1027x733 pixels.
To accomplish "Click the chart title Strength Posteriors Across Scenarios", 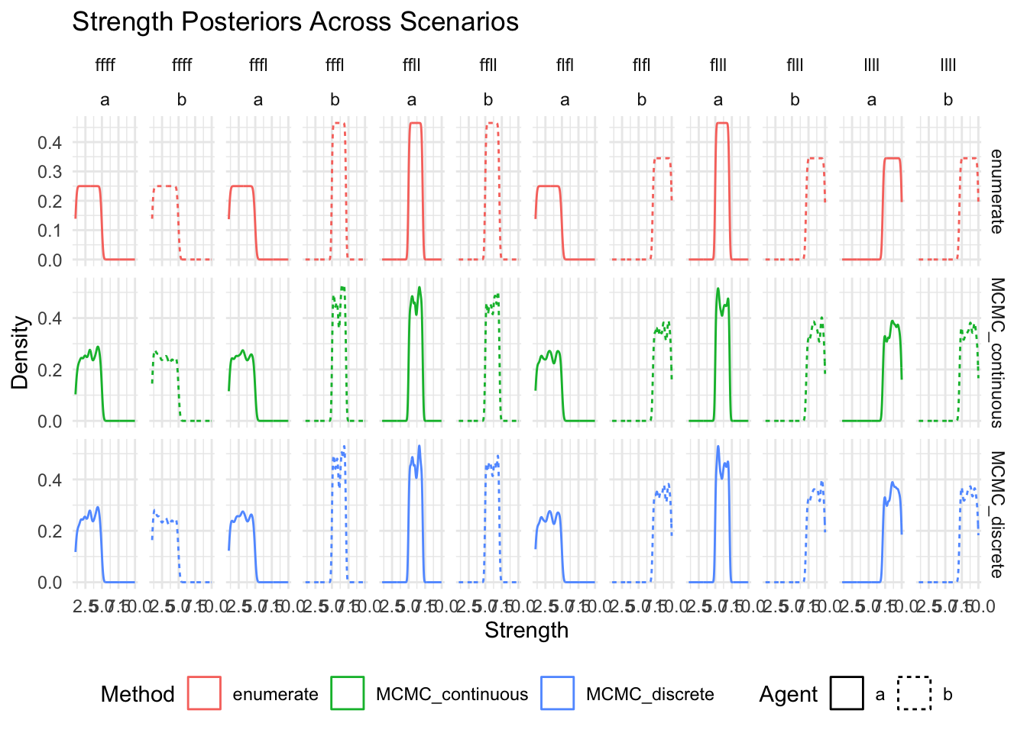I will pyautogui.click(x=295, y=22).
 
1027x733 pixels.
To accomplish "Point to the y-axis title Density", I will pyautogui.click(x=20, y=352).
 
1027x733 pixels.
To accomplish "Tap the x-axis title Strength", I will pyautogui.click(x=526, y=631).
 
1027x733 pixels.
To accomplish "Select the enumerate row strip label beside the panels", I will pyautogui.click(x=996, y=191).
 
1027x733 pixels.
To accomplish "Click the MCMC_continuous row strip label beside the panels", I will pyautogui.click(x=996, y=352).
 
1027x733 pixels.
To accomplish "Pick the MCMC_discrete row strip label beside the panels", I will pyautogui.click(x=996, y=514).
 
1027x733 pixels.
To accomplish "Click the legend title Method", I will pyautogui.click(x=138, y=694).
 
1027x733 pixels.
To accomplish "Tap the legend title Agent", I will pyautogui.click(x=788, y=694).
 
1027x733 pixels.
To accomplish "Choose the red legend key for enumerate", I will pyautogui.click(x=204, y=693).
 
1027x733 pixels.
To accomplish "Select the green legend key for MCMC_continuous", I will pyautogui.click(x=348, y=693).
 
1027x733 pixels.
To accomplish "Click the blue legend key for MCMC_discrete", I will pyautogui.click(x=557, y=693).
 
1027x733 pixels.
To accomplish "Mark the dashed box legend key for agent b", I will pyautogui.click(x=915, y=693).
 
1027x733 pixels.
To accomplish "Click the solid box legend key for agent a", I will pyautogui.click(x=847, y=693).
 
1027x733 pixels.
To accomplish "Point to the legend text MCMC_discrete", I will pyautogui.click(x=650, y=694).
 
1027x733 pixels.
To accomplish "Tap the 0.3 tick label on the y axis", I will pyautogui.click(x=50, y=172).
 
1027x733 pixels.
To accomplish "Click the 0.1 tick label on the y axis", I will pyautogui.click(x=50, y=231).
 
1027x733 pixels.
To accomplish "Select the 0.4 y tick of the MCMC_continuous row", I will pyautogui.click(x=50, y=318).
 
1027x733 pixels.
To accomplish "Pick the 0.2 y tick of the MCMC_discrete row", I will pyautogui.click(x=50, y=531).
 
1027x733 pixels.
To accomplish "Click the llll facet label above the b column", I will pyautogui.click(x=948, y=65).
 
